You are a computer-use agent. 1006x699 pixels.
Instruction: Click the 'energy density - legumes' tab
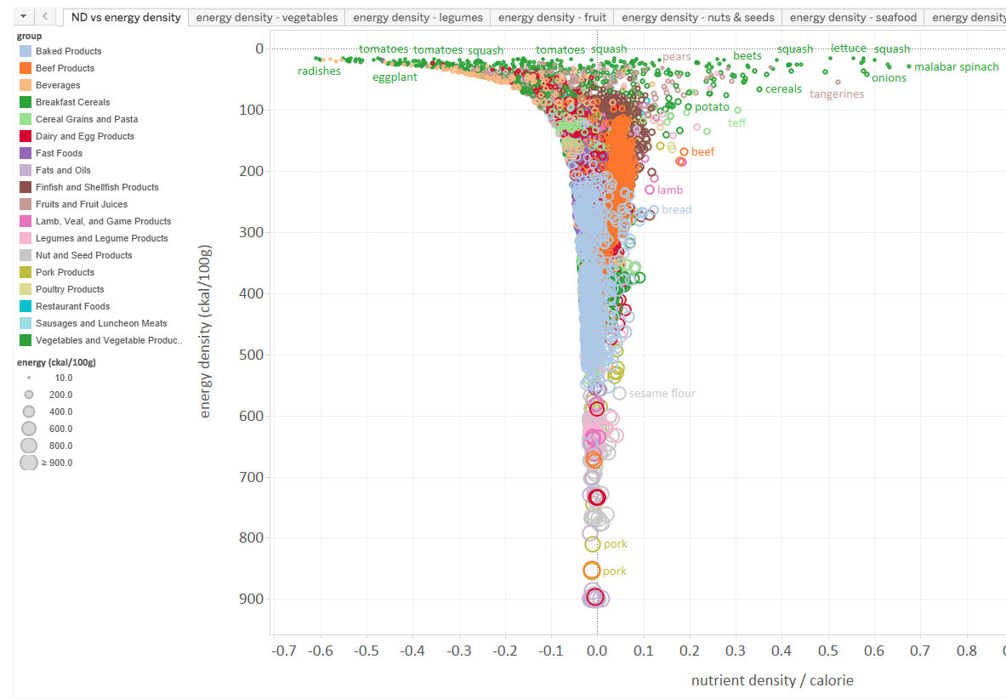(x=418, y=17)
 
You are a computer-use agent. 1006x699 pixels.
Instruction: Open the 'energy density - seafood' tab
(x=853, y=17)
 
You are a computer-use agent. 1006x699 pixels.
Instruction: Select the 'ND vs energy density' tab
(x=126, y=17)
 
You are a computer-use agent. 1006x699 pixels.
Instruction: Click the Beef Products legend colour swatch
(x=26, y=68)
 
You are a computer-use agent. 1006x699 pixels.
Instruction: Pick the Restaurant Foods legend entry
(x=72, y=306)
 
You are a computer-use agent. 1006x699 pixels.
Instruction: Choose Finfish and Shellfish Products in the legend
(x=96, y=187)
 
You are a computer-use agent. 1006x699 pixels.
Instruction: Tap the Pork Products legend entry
(x=65, y=272)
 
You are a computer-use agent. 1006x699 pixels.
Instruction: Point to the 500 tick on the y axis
(x=253, y=355)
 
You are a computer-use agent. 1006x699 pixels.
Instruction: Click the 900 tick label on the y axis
(x=253, y=599)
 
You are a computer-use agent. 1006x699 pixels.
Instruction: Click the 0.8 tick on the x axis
(x=967, y=651)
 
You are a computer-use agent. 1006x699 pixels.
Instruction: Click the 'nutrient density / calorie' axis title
(x=771, y=680)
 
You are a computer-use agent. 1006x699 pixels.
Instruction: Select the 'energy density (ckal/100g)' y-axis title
(x=205, y=332)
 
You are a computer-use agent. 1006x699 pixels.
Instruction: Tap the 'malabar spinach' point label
(x=956, y=66)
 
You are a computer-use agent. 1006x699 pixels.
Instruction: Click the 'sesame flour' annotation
(x=662, y=394)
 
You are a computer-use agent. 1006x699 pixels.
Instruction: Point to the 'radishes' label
(x=319, y=71)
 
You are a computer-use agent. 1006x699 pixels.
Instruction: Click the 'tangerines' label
(x=836, y=94)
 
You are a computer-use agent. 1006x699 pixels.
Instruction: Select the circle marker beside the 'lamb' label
(x=650, y=190)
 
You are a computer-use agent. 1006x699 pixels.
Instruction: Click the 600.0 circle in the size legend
(x=29, y=429)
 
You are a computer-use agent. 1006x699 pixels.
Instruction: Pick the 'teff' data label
(x=736, y=123)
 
